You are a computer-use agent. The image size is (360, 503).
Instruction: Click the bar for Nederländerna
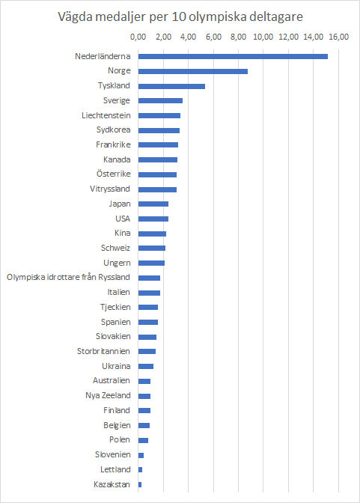[233, 56]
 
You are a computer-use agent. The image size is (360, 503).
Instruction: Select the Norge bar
[192, 71]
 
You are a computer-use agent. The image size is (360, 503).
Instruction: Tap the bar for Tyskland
[171, 86]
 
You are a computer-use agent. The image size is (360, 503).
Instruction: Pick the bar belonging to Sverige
[160, 100]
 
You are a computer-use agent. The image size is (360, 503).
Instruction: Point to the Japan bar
[153, 204]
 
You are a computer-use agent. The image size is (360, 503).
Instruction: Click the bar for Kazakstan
[140, 484]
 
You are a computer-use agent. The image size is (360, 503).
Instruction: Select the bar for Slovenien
[141, 454]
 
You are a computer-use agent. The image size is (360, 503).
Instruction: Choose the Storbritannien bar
[147, 351]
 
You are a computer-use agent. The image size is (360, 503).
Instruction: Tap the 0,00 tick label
[138, 37]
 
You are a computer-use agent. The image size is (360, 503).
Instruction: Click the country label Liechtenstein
[106, 115]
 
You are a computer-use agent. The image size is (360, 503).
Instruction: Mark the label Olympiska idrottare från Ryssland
[68, 278]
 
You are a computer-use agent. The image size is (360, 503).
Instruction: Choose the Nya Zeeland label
[108, 395]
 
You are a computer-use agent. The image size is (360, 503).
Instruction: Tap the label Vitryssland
[110, 189]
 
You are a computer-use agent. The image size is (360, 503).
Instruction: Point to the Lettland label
[115, 469]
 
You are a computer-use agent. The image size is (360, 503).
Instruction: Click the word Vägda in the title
[79, 16]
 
